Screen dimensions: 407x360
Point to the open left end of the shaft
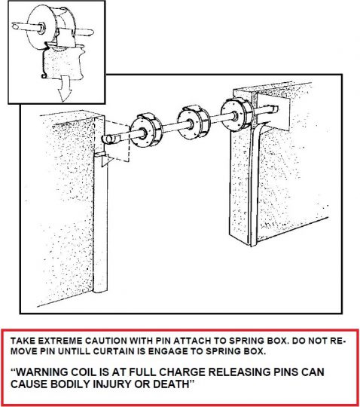pos(108,140)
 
